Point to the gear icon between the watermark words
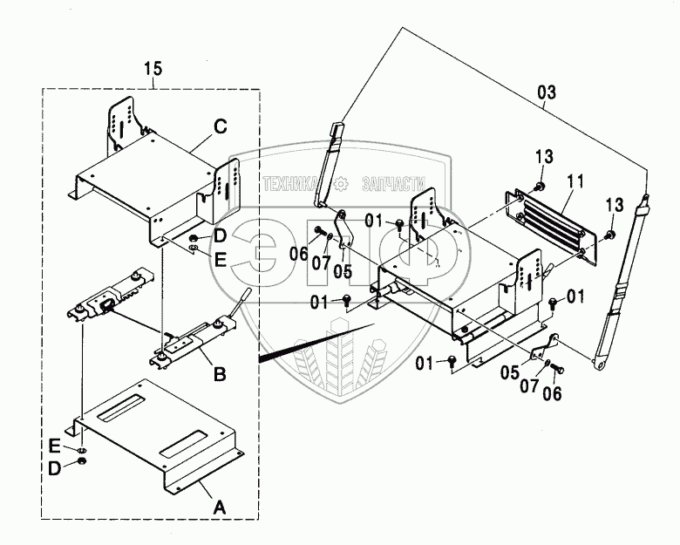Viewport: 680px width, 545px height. coord(342,184)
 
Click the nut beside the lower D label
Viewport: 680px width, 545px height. coord(81,460)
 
